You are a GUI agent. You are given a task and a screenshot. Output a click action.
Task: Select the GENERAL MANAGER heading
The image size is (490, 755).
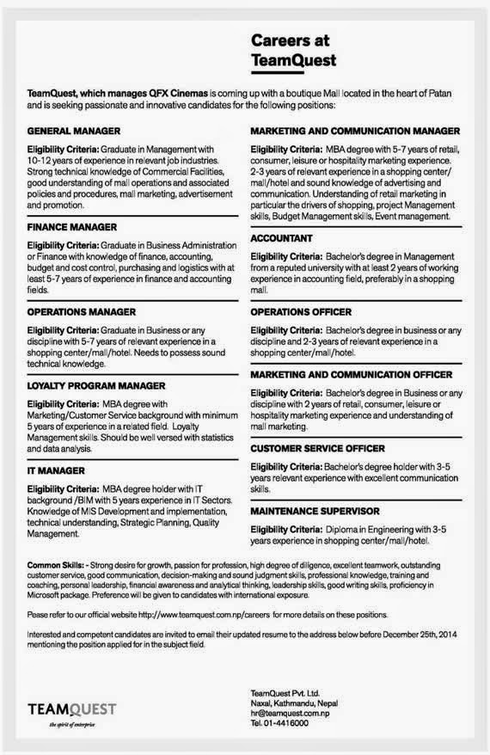point(73,132)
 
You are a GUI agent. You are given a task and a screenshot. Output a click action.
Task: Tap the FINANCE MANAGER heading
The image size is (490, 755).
point(72,226)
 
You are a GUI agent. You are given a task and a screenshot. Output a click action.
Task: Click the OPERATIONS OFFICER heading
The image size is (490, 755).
point(301,310)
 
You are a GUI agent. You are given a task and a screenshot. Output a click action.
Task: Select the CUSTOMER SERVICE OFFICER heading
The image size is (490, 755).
point(317,448)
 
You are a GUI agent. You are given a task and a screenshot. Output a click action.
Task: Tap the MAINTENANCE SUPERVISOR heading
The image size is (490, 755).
point(315,511)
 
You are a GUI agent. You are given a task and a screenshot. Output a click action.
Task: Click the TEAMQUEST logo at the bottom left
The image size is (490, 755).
point(71,709)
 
